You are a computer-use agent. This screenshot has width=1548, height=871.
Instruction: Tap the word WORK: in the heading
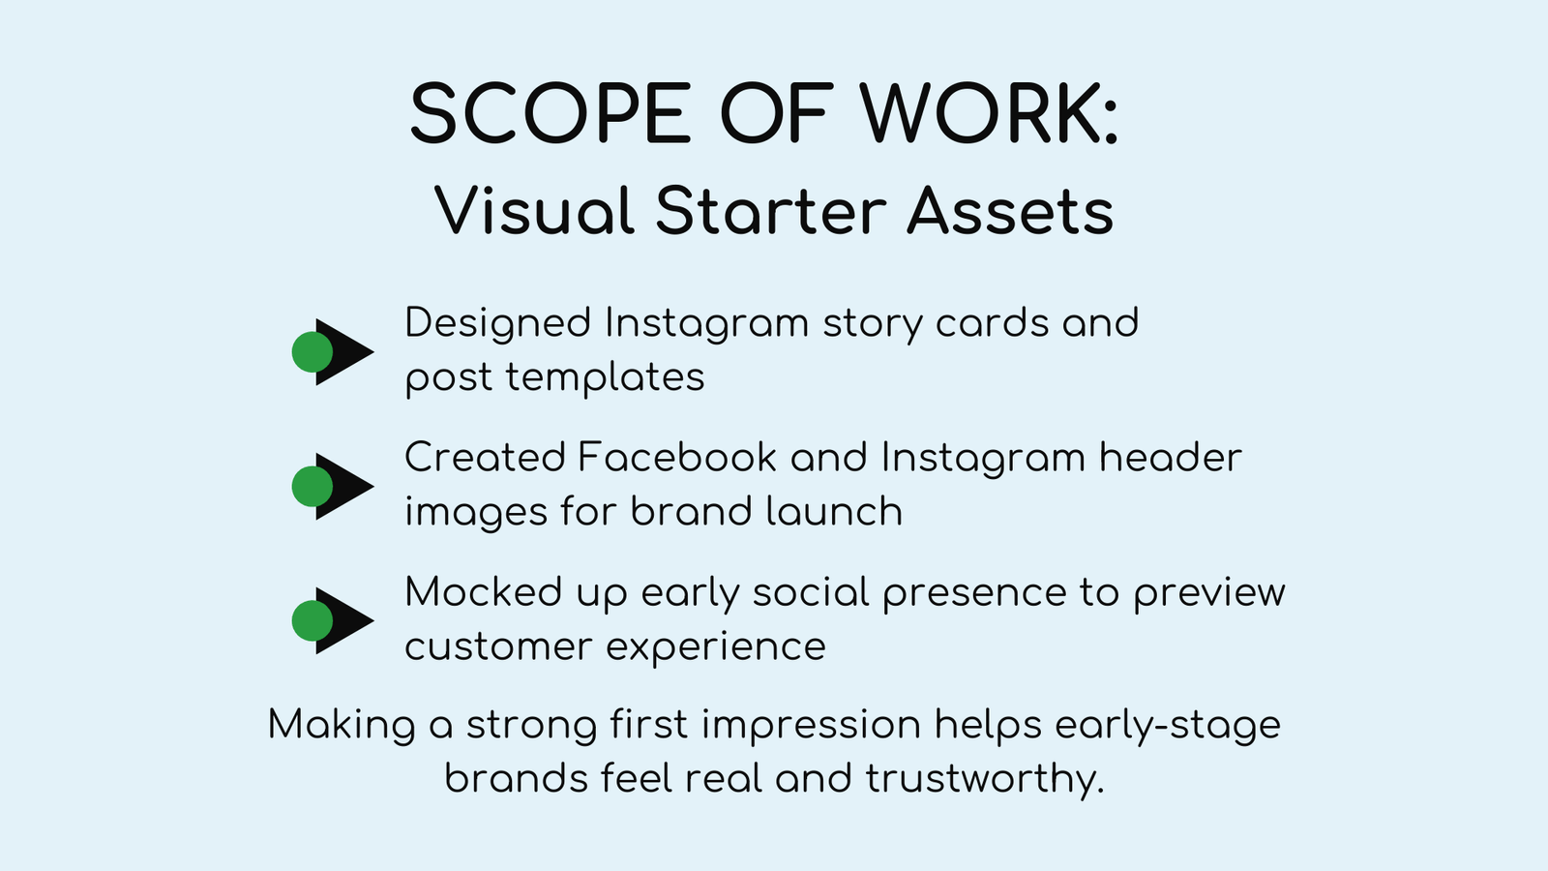(x=989, y=113)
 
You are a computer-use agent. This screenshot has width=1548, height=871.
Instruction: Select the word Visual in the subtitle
(x=534, y=211)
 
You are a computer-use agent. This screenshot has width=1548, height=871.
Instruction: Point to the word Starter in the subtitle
(x=771, y=211)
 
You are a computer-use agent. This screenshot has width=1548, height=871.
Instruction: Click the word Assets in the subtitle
(x=1010, y=211)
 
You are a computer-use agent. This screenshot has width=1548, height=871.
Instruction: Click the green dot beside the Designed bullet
(x=313, y=352)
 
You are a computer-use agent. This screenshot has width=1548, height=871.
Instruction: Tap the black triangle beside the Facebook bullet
(x=344, y=487)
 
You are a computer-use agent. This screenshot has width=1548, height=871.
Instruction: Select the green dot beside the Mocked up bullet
(x=313, y=620)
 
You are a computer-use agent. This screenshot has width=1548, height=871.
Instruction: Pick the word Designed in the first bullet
(x=498, y=323)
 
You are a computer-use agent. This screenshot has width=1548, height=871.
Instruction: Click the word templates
(x=605, y=377)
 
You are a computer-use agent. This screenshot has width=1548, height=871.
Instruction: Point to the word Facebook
(x=677, y=458)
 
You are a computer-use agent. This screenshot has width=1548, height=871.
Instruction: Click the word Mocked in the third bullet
(x=483, y=592)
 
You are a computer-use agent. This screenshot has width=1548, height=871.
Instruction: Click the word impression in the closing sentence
(x=812, y=725)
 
